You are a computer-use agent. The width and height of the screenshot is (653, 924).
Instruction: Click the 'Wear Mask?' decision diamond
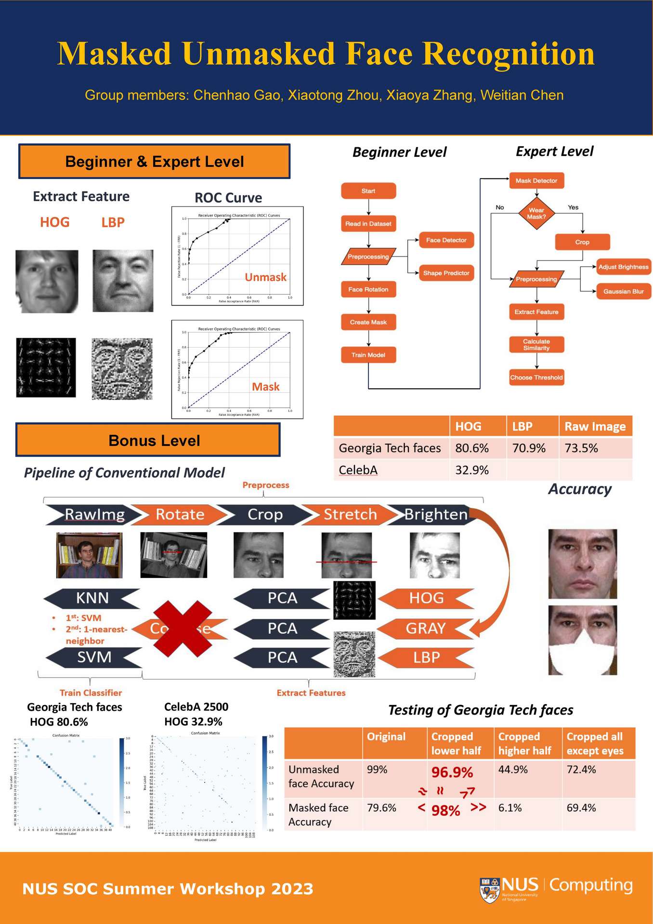pos(536,213)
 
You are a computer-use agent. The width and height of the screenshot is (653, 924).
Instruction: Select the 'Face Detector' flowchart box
pos(446,240)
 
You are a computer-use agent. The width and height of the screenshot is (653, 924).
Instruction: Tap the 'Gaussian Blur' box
pos(623,291)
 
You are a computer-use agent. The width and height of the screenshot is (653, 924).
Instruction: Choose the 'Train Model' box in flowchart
pos(368,355)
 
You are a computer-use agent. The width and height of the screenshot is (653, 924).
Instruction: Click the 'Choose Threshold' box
pos(536,377)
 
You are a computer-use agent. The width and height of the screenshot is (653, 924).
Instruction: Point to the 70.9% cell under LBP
pos(529,448)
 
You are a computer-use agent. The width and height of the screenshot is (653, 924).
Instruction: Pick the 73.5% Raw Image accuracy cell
pos(581,448)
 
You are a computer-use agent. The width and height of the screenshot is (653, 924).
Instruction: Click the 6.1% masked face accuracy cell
pos(510,808)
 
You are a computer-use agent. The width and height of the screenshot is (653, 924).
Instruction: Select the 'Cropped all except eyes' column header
pos(595,744)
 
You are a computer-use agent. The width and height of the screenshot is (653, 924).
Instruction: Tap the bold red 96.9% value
pos(452,772)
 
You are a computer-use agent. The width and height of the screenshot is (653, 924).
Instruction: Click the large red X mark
pos(182,628)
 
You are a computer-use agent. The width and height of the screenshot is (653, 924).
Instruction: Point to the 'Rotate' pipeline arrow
pos(180,514)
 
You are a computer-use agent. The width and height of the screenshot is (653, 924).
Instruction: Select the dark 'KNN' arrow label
pos(92,598)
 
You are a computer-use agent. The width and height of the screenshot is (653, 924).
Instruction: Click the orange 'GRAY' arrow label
pos(426,628)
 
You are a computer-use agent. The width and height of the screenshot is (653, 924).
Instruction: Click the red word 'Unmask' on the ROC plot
pos(265,277)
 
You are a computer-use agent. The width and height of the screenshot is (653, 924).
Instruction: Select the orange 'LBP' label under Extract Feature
pos(113,222)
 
